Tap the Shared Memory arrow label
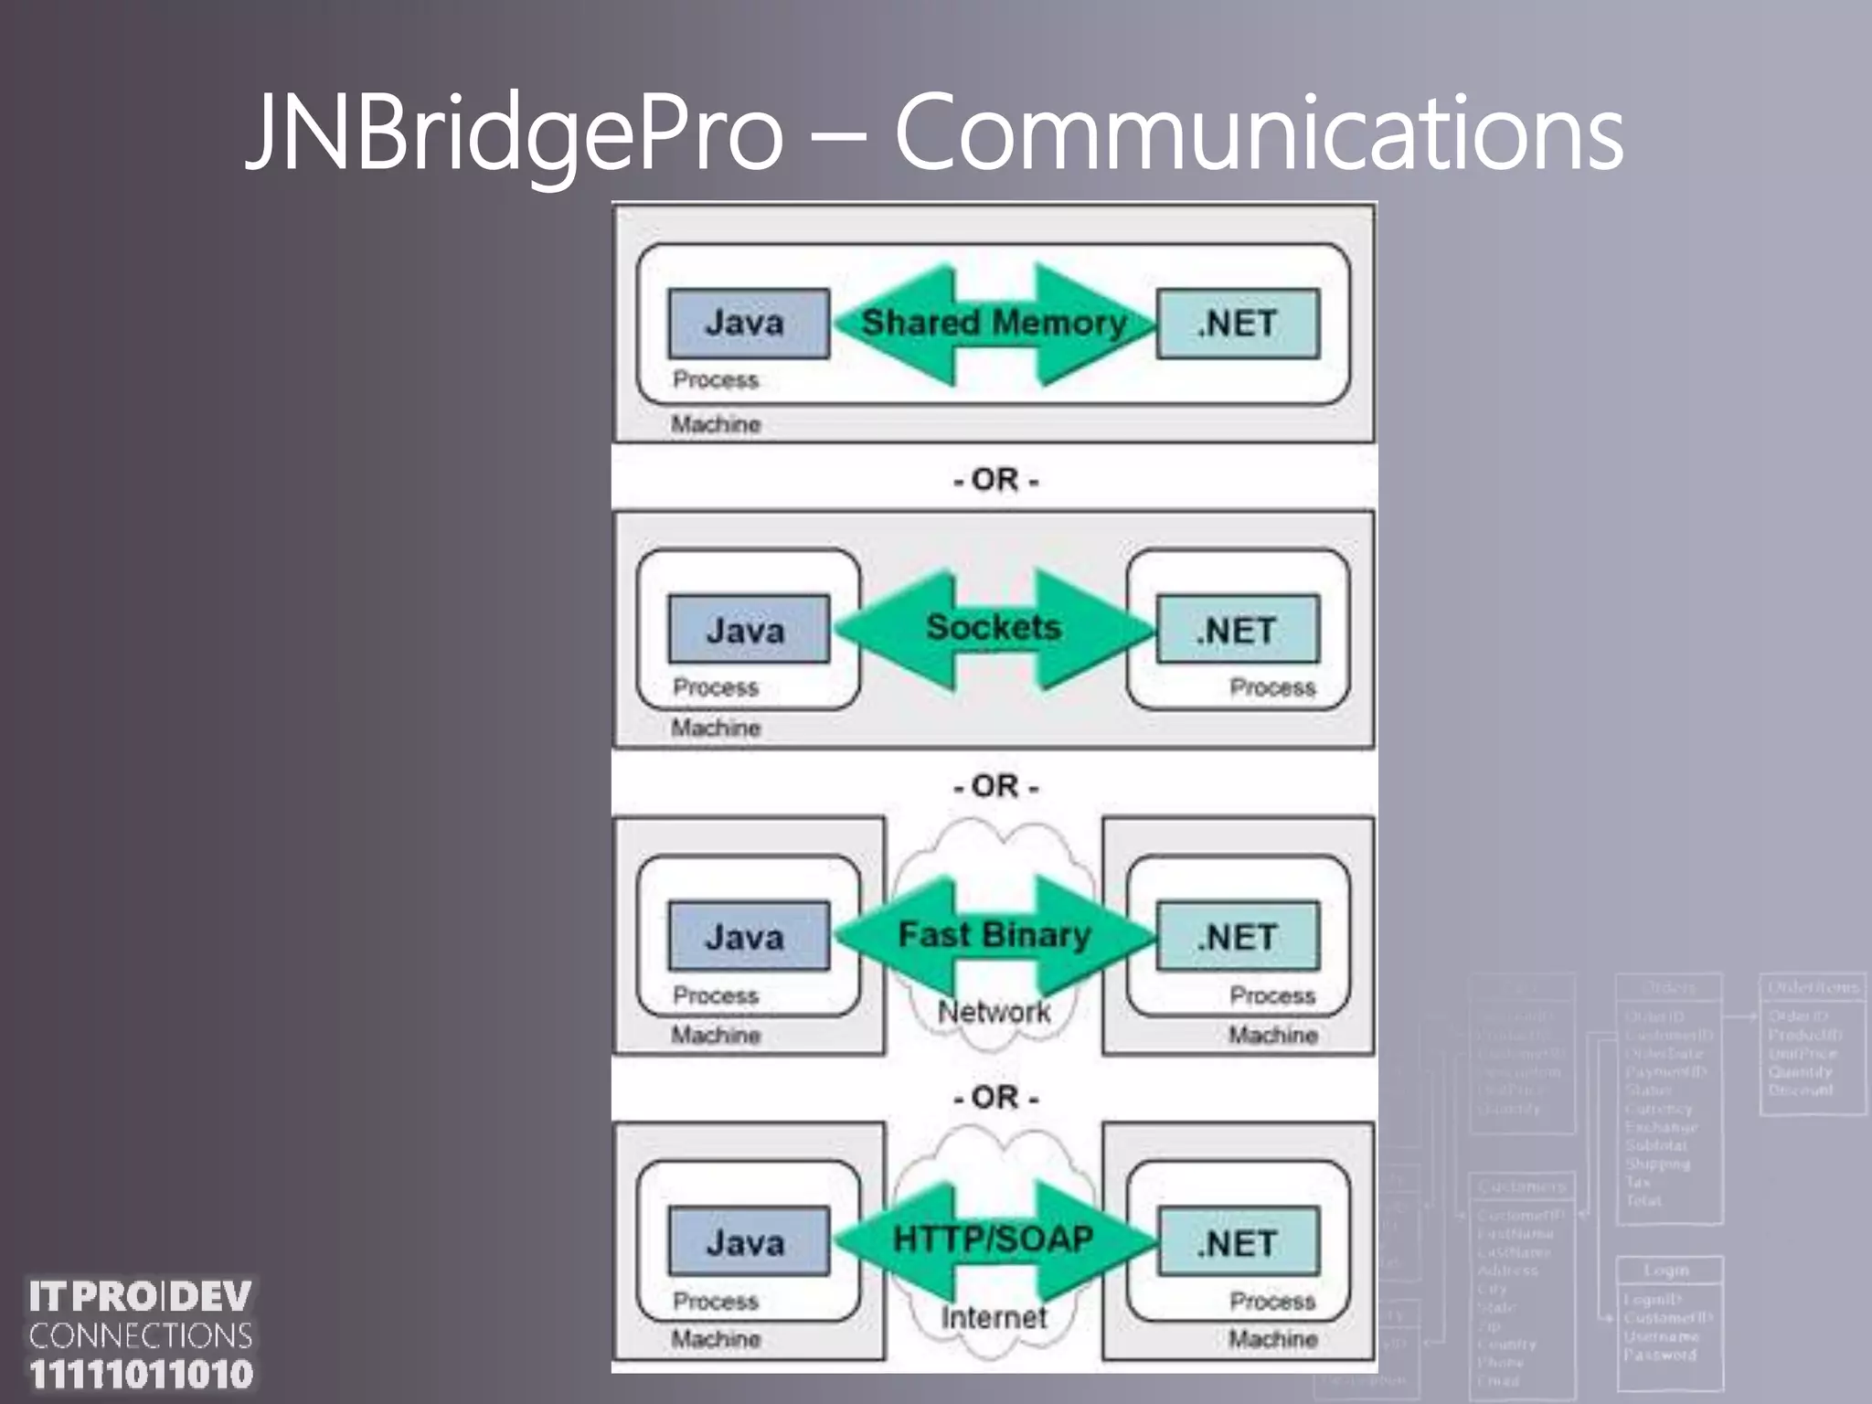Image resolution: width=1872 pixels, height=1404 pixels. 994,323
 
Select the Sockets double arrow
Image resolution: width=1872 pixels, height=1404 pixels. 994,628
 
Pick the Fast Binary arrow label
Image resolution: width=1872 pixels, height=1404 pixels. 994,935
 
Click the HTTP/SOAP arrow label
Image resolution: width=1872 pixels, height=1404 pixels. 994,1239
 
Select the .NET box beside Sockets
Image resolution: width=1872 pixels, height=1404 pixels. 1238,630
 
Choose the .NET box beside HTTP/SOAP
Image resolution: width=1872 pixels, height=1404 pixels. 1238,1243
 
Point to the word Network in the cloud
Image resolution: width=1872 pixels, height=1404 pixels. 994,1012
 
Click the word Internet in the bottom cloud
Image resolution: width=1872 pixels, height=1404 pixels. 994,1317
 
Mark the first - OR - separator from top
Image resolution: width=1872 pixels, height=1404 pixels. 995,480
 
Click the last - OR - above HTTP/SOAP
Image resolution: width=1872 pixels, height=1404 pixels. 995,1097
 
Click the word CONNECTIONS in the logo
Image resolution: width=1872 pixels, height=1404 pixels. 141,1335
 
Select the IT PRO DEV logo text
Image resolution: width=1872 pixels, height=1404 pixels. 141,1296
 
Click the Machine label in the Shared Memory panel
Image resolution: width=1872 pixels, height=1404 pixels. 716,424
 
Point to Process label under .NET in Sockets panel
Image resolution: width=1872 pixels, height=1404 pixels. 1271,687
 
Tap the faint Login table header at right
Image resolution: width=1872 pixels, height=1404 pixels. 1666,1271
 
